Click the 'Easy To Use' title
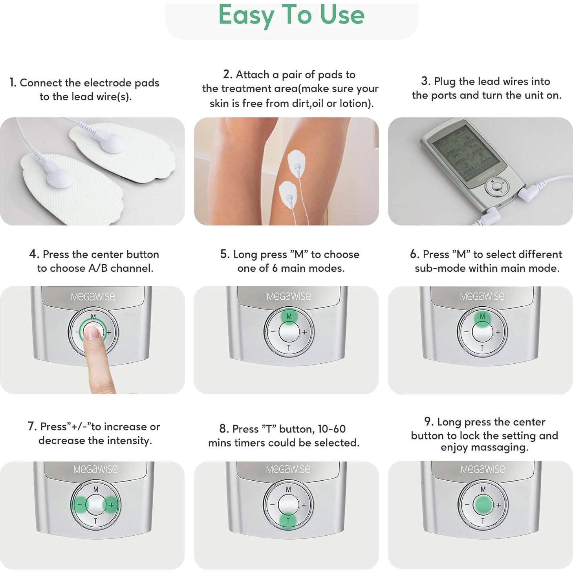tap(291, 15)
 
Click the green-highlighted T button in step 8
tap(288, 521)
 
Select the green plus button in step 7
tap(111, 505)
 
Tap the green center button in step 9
tap(483, 504)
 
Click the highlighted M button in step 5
tap(289, 317)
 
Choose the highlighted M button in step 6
tap(482, 317)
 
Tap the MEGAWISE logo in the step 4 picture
tap(93, 297)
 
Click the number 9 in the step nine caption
tap(428, 422)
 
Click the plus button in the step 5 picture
tap(305, 332)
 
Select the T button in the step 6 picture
tap(482, 348)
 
